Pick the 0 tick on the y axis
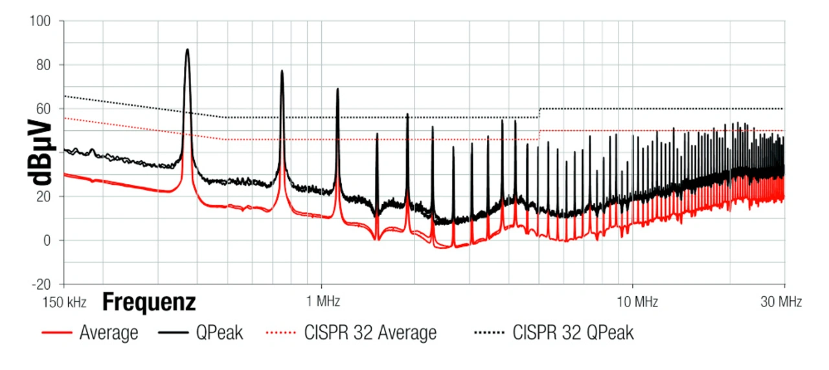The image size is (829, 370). point(47,240)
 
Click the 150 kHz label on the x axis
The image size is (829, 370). point(64,301)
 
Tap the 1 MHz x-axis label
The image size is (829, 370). point(321,301)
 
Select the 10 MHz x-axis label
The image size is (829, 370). point(632,301)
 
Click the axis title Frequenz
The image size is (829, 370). point(149,302)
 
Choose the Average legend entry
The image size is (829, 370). point(109,333)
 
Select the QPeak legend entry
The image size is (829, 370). point(220,333)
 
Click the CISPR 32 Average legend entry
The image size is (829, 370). point(370,333)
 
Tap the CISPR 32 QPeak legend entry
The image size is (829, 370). point(573,333)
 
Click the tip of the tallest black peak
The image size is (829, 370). point(187,49)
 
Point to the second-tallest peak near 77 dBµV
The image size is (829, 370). point(282,71)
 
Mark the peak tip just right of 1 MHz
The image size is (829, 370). point(337,89)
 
